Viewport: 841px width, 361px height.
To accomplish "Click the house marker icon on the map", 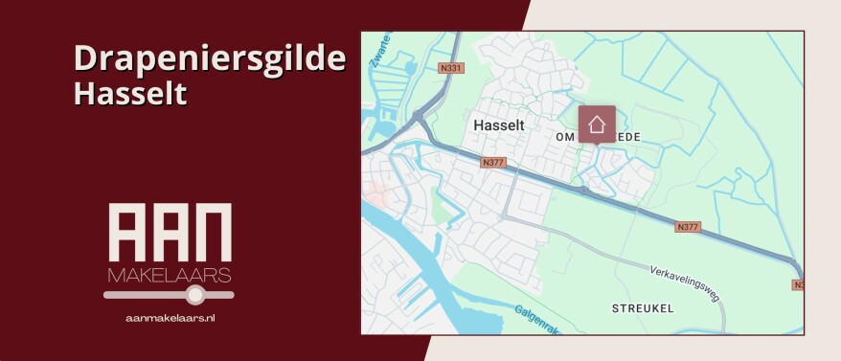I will (597, 124).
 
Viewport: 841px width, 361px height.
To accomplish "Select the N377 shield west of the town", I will (493, 163).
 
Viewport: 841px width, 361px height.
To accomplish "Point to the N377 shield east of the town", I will (688, 227).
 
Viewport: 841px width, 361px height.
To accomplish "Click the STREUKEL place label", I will (643, 308).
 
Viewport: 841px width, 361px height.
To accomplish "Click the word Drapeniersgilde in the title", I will (209, 59).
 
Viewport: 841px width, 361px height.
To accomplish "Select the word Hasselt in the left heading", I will (129, 94).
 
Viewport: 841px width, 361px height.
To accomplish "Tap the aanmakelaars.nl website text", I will (170, 317).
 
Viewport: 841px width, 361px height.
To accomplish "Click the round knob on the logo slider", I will (195, 294).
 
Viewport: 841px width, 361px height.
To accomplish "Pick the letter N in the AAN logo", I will (213, 233).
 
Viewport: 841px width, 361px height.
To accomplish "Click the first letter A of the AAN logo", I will (127, 233).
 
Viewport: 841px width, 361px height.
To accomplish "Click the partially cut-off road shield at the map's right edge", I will (798, 284).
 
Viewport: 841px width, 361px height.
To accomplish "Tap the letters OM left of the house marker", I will (565, 138).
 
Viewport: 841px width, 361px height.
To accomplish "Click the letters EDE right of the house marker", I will (627, 138).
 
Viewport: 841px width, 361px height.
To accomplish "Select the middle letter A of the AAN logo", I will (170, 233).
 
